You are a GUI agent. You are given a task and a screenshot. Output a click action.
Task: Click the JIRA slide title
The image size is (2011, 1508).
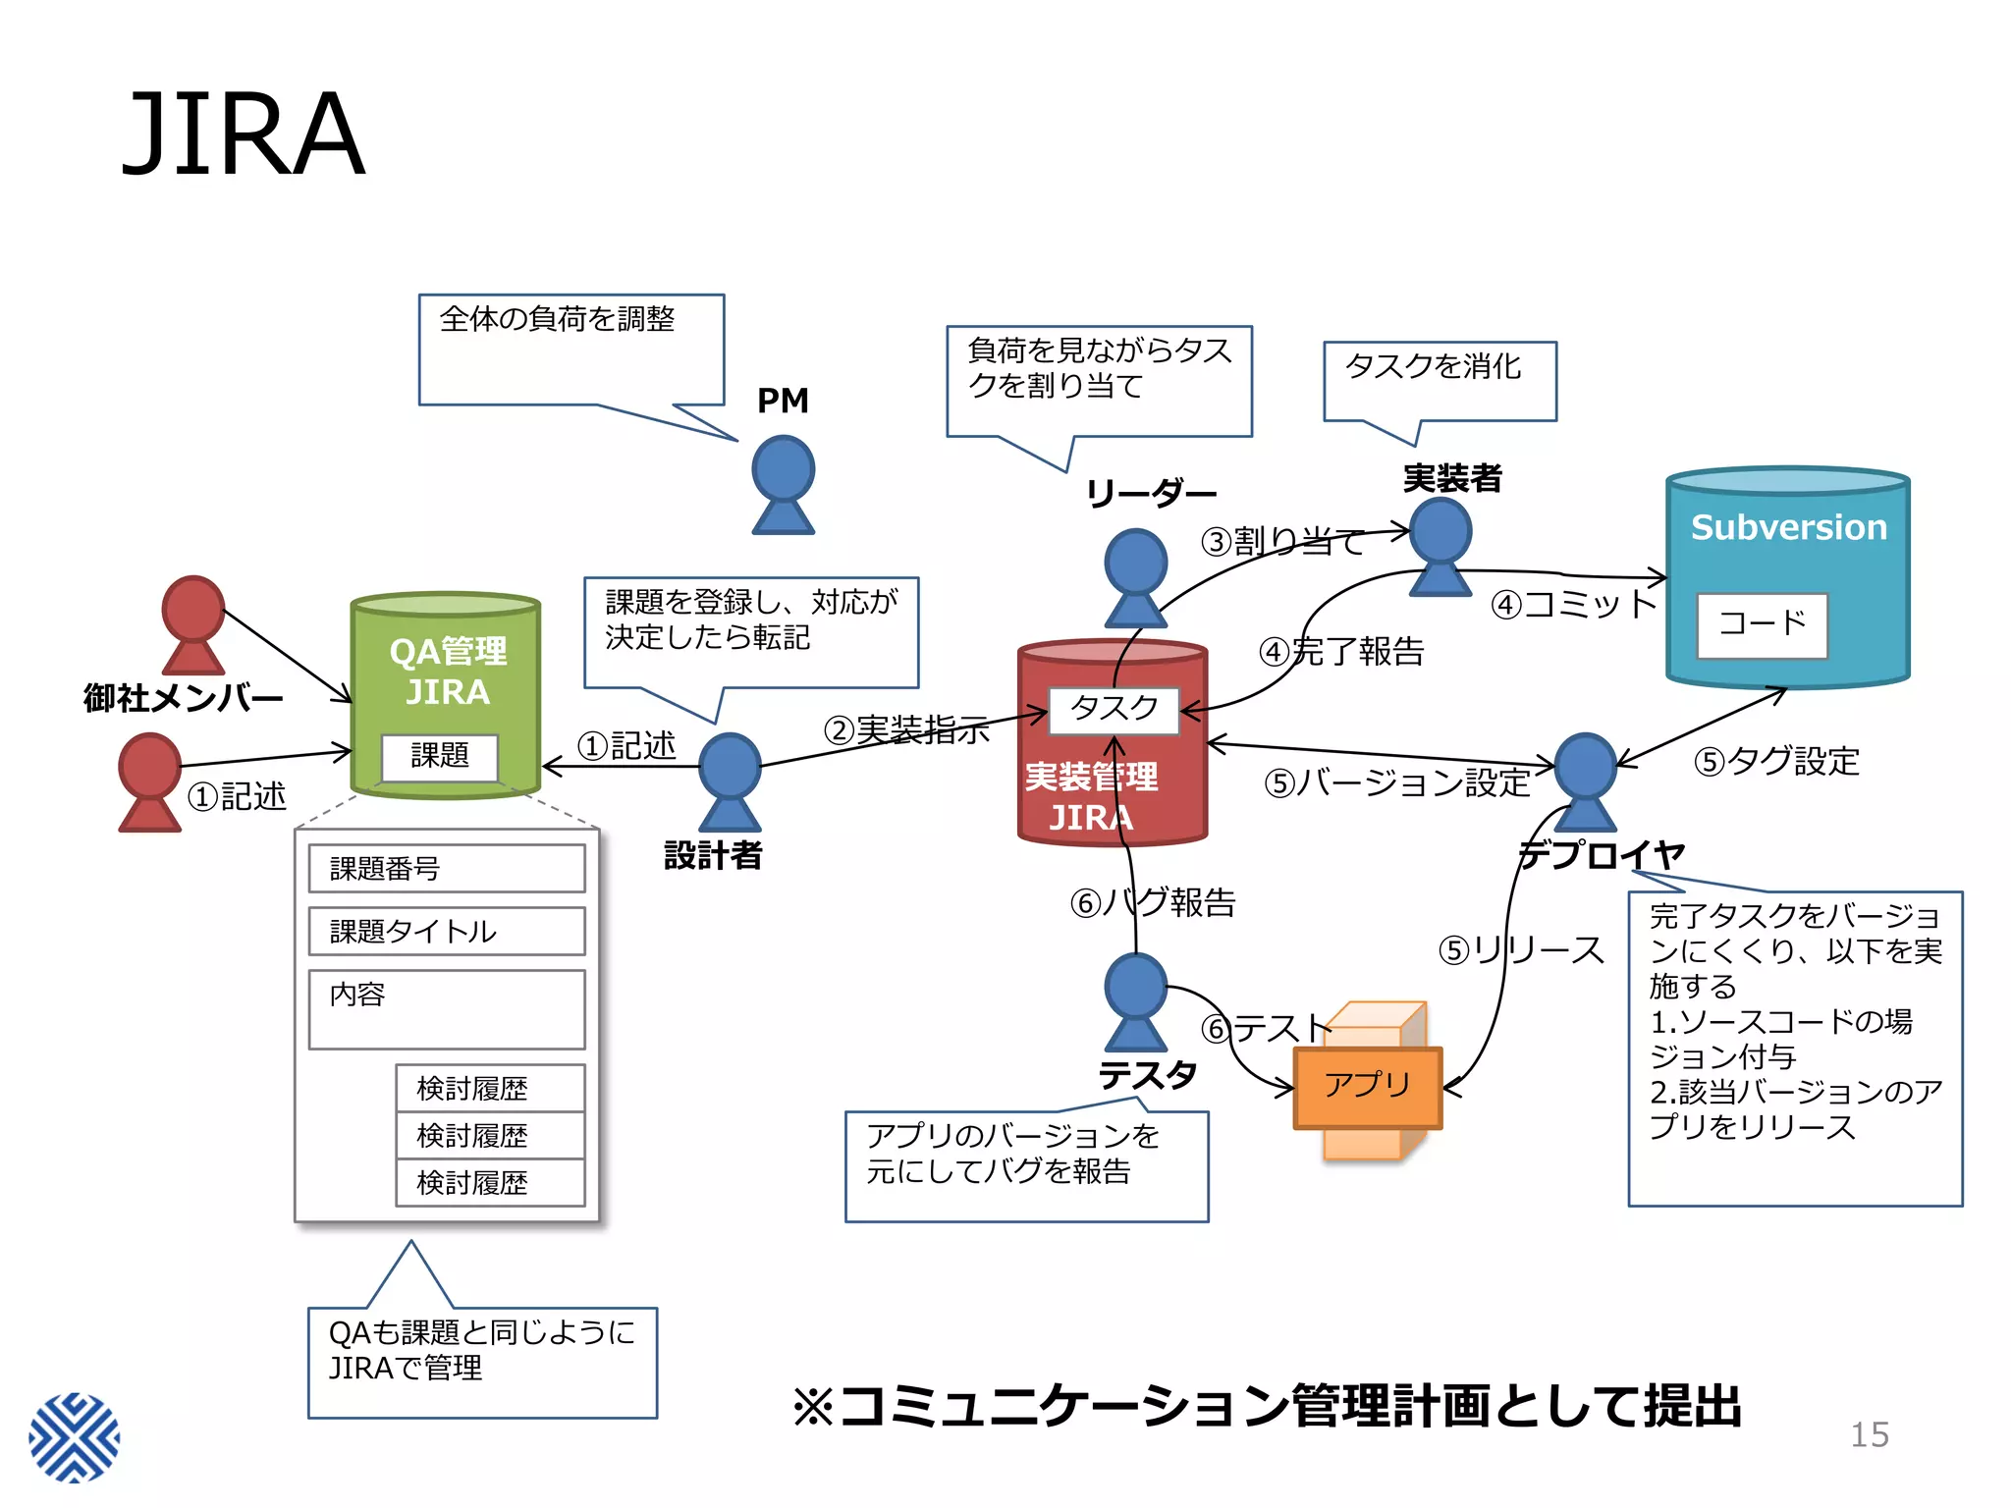click(x=243, y=134)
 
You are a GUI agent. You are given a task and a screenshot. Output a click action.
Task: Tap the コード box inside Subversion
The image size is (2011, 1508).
click(x=1762, y=624)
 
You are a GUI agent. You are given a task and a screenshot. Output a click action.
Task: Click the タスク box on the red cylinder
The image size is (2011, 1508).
click(x=1114, y=709)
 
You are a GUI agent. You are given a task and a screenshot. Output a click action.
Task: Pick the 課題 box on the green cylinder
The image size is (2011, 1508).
click(x=439, y=756)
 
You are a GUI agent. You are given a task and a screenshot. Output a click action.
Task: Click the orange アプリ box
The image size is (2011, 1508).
click(x=1367, y=1086)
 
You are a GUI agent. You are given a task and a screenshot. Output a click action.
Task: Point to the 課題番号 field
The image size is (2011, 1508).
click(x=446, y=868)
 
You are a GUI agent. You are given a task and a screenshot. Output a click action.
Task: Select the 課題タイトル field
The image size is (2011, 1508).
click(x=446, y=931)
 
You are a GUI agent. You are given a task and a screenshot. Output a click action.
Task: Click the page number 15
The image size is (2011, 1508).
click(x=1869, y=1434)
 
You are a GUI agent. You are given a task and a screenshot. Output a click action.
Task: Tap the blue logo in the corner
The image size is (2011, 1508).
click(x=75, y=1436)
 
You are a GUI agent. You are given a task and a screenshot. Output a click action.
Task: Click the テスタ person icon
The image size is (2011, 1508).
click(x=1135, y=1001)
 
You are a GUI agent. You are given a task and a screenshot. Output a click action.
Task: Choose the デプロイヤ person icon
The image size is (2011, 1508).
click(x=1585, y=781)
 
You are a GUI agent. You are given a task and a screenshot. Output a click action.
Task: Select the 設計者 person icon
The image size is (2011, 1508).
click(x=729, y=781)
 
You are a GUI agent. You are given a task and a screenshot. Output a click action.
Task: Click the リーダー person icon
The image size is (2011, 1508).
click(x=1135, y=577)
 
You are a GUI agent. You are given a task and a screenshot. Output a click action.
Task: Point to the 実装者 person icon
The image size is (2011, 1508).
click(x=1440, y=545)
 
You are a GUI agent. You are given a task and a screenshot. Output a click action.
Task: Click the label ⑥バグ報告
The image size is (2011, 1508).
click(x=1153, y=902)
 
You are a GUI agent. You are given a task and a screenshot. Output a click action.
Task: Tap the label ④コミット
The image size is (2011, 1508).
click(x=1573, y=604)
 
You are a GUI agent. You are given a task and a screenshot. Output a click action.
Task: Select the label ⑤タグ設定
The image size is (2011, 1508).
click(x=1776, y=761)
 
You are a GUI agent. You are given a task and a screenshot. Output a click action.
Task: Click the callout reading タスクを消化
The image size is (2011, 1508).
click(x=1439, y=380)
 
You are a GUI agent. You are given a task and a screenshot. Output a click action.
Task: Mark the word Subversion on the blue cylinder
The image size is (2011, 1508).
click(x=1788, y=527)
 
